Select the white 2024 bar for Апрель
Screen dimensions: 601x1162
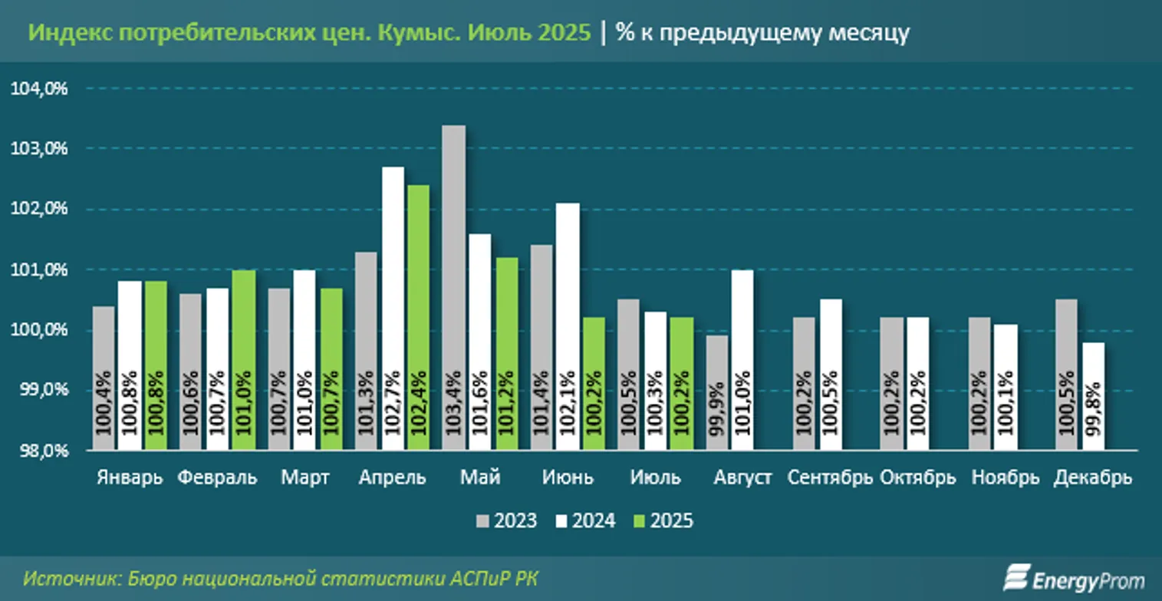pos(393,307)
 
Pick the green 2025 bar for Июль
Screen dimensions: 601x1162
pos(680,384)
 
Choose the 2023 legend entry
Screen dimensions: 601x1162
pos(506,521)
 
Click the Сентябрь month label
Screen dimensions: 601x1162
pos(830,477)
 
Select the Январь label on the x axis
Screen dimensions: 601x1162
pos(130,477)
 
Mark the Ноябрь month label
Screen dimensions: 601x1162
pos(1005,477)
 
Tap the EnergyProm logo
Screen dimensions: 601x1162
pos(1074,579)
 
